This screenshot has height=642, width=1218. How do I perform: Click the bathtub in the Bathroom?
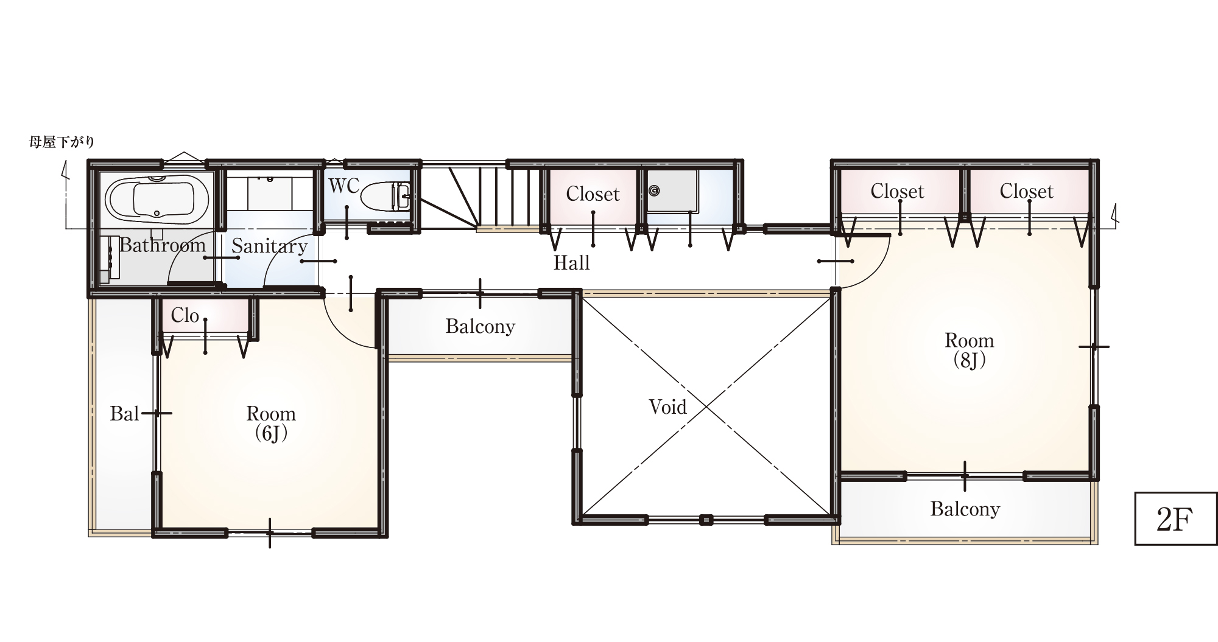tap(158, 198)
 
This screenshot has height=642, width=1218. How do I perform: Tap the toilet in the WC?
tap(385, 197)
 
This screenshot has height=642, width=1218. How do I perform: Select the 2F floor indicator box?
tap(1175, 518)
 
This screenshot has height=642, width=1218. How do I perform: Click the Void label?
tap(667, 406)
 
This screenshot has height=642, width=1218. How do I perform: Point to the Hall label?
tap(571, 263)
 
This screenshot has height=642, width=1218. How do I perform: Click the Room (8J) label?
tap(969, 350)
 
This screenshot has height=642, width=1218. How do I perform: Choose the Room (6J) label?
tap(271, 423)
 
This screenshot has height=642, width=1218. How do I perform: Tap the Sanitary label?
tap(269, 246)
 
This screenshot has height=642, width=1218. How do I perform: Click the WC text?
tap(344, 186)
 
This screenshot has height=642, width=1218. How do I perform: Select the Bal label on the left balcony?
tap(124, 414)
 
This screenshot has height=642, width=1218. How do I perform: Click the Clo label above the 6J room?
tap(185, 315)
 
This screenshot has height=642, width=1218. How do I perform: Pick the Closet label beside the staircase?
tap(593, 194)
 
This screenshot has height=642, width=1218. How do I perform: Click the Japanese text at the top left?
tap(62, 142)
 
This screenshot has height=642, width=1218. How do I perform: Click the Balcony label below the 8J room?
tap(965, 509)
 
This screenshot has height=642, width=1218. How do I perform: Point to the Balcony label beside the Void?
tap(480, 327)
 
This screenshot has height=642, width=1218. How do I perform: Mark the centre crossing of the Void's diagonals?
tap(706, 405)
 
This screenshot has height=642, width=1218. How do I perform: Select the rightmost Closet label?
tap(1026, 192)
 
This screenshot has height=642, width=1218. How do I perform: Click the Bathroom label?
tap(162, 245)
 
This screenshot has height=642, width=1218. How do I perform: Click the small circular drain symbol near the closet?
tap(654, 191)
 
